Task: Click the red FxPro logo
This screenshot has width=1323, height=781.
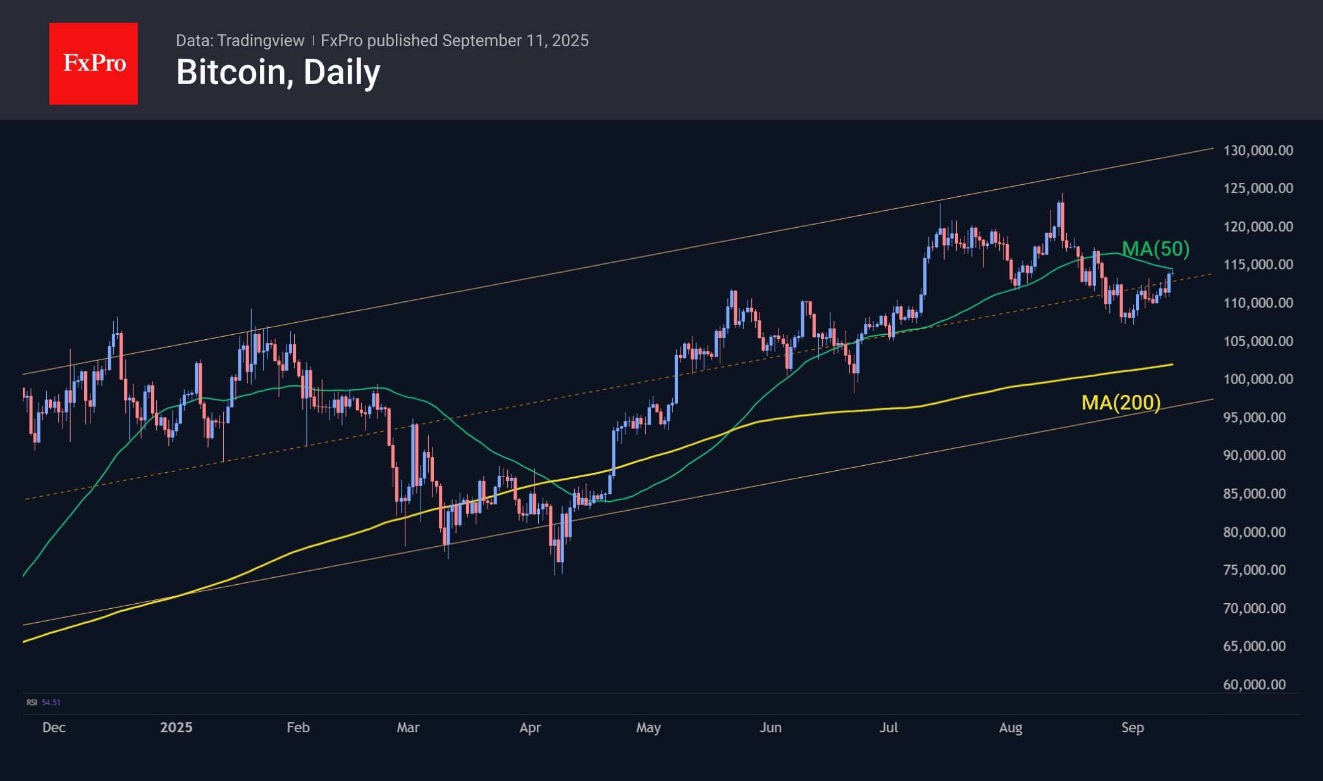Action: (94, 63)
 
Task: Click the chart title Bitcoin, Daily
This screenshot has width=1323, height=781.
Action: (278, 72)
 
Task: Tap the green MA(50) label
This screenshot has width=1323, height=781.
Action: (1155, 249)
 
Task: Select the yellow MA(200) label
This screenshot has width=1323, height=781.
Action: (1121, 403)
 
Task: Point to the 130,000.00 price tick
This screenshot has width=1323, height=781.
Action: (1258, 151)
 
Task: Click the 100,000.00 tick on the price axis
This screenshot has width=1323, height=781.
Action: (1258, 379)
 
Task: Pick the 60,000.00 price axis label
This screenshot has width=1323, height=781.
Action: (1254, 684)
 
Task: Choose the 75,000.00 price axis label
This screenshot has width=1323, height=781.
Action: (1254, 570)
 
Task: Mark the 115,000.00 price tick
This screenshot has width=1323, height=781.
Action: (1258, 265)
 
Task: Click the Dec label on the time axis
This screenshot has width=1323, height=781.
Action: (54, 727)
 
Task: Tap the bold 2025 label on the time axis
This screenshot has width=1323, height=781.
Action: (176, 727)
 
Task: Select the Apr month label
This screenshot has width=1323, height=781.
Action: (530, 727)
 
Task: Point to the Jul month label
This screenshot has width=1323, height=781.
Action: (889, 727)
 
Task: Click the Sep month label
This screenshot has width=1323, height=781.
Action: (1132, 727)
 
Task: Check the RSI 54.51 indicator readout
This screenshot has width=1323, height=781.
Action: (44, 703)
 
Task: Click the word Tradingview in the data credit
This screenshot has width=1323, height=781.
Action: (261, 41)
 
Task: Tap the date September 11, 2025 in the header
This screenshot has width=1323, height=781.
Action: (515, 41)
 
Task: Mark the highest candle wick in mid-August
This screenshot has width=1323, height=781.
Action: (1062, 195)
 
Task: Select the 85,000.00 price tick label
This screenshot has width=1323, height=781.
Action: (1254, 494)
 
